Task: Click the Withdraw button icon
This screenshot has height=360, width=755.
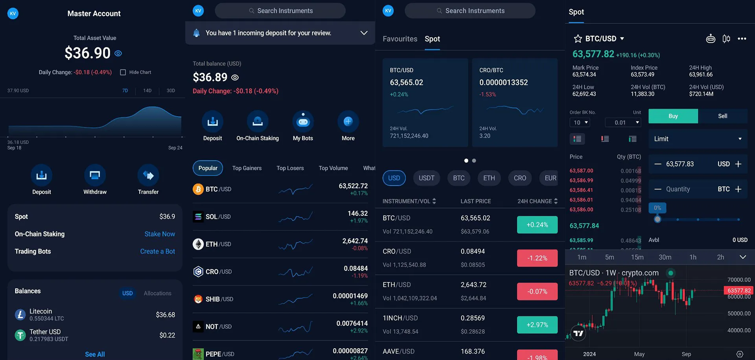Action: [x=95, y=175]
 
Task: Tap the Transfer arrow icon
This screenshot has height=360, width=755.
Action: [x=148, y=175]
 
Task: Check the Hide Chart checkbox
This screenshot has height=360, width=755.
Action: [x=123, y=72]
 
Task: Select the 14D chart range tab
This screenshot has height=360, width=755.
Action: [x=147, y=91]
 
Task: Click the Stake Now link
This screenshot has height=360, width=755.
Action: [x=160, y=234]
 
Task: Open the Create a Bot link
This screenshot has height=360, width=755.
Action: [x=157, y=252]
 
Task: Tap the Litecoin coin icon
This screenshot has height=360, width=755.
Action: [x=20, y=315]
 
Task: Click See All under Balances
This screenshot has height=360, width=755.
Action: [x=95, y=354]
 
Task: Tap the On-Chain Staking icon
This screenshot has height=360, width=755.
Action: [x=258, y=122]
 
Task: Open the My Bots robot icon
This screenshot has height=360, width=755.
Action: [x=303, y=122]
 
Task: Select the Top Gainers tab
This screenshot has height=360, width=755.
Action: [x=247, y=168]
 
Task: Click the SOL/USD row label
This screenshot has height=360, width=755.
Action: [x=218, y=217]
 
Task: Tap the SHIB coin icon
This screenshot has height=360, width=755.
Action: [x=198, y=299]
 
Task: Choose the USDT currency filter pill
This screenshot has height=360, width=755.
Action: [x=426, y=178]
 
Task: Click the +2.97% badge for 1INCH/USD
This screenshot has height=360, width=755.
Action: [x=537, y=325]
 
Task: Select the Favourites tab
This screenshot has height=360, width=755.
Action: [x=400, y=39]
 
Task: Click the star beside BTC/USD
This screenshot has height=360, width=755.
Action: [x=578, y=39]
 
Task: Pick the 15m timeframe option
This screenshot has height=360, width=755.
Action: [x=637, y=257]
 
